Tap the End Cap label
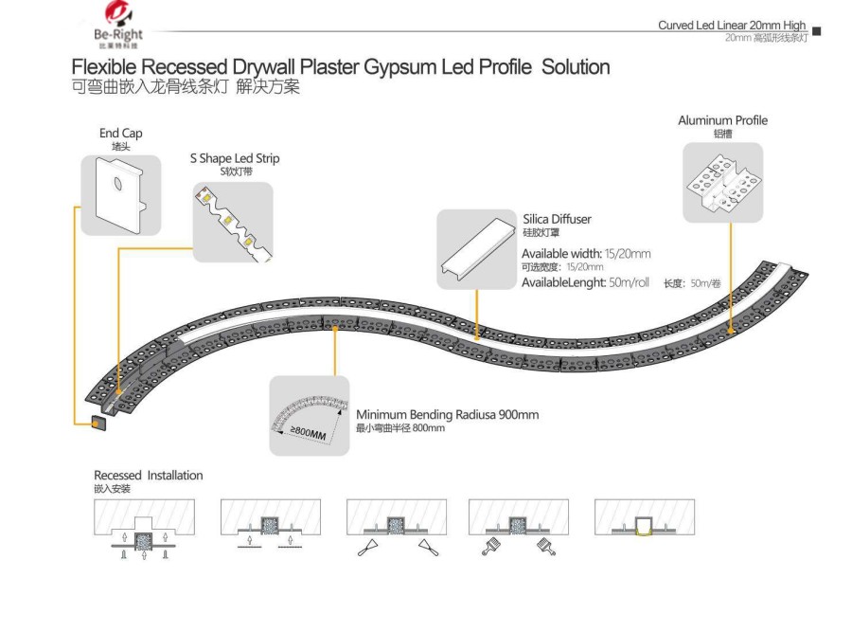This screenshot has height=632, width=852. (x=120, y=134)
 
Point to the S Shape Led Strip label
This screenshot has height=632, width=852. (x=234, y=158)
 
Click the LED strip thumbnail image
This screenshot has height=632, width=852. (x=233, y=223)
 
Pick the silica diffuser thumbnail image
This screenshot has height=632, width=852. (x=475, y=249)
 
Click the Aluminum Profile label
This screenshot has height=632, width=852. (x=722, y=120)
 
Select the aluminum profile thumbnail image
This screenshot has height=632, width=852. (x=722, y=182)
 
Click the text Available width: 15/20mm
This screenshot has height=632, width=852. (x=586, y=254)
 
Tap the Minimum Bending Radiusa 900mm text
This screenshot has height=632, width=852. (x=447, y=415)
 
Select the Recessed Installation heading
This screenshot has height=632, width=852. (x=148, y=475)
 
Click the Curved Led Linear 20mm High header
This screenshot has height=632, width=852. (x=732, y=25)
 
